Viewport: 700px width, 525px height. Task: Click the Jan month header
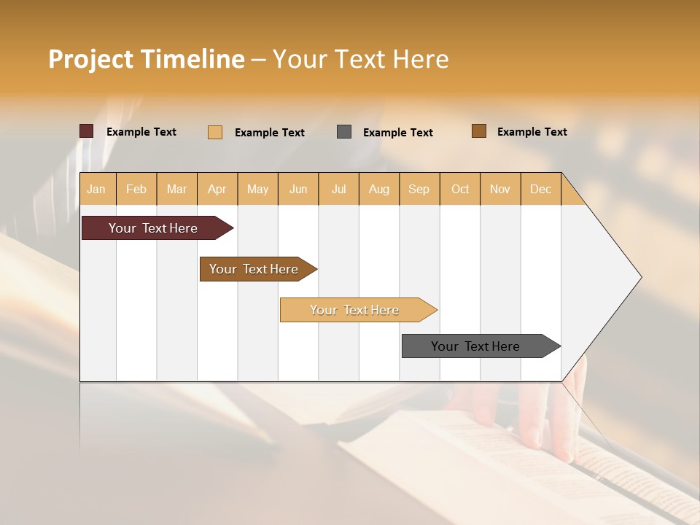tap(96, 189)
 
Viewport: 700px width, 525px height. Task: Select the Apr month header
tap(217, 189)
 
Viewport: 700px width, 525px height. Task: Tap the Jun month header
tap(298, 189)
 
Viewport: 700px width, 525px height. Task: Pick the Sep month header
tap(419, 189)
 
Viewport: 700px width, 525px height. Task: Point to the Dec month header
tap(540, 189)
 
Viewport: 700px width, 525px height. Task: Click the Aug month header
tap(378, 189)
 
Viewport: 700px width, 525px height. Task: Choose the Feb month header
tap(136, 189)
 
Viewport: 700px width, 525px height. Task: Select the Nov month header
tap(499, 189)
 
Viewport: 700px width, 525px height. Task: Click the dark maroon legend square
tap(87, 131)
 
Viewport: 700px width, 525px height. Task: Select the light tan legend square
tap(215, 132)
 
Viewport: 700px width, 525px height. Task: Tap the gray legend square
tap(344, 132)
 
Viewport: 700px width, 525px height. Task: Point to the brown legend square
tap(479, 131)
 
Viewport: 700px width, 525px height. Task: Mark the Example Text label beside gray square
tap(397, 133)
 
